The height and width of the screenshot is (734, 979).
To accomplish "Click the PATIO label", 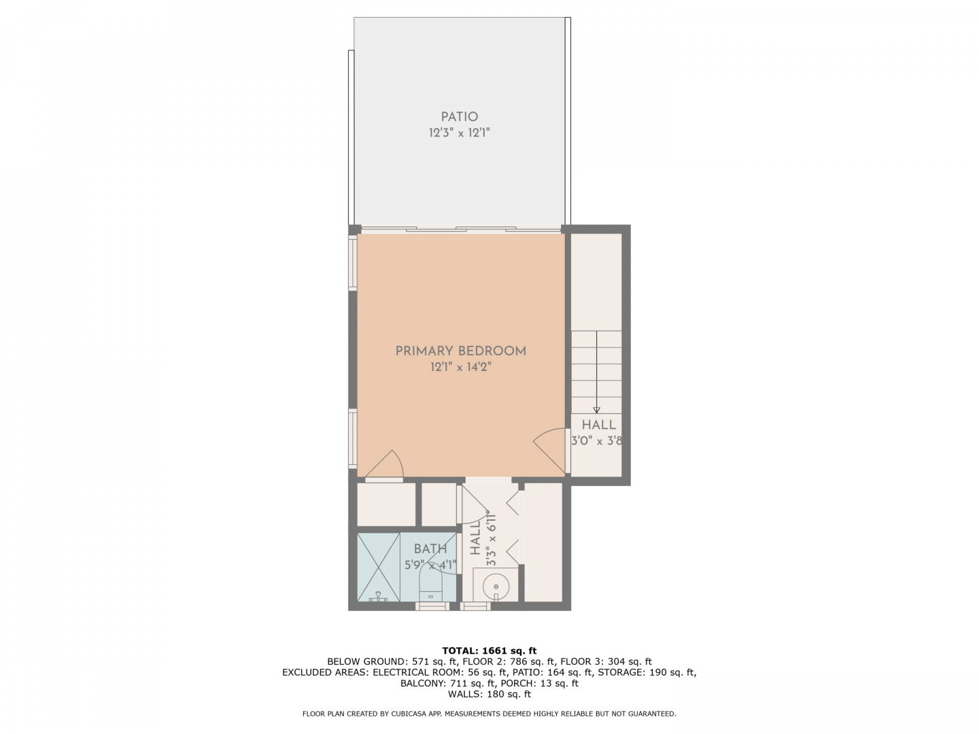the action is click(x=459, y=117).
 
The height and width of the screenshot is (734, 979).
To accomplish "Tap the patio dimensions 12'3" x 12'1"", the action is click(x=459, y=133).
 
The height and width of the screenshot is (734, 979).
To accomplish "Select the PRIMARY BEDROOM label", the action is click(x=460, y=351).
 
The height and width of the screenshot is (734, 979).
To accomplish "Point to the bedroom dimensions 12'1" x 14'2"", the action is click(x=460, y=367).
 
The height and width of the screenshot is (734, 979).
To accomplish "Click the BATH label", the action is click(x=430, y=549).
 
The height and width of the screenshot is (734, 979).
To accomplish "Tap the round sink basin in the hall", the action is click(x=496, y=587).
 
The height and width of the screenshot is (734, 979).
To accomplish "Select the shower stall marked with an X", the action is click(x=378, y=567).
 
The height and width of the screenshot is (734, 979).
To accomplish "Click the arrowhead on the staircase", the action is click(x=596, y=410).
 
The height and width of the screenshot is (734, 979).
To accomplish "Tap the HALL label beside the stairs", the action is click(x=598, y=425).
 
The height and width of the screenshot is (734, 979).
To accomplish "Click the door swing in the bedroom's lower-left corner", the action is click(x=385, y=464).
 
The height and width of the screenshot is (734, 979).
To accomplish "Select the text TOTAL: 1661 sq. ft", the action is click(x=489, y=650).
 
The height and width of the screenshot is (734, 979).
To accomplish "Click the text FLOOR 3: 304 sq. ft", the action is click(x=606, y=661).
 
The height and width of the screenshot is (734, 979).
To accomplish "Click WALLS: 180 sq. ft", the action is click(x=489, y=694).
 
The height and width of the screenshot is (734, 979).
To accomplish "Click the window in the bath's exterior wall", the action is click(x=432, y=606).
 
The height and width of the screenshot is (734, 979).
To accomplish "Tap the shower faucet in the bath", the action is click(x=378, y=597).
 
